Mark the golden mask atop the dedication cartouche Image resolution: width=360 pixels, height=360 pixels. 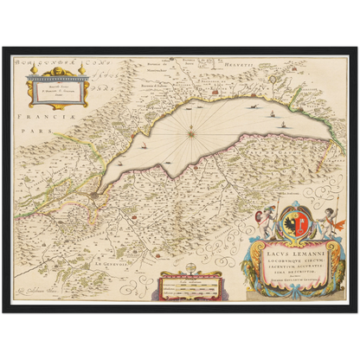coord(61,71)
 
